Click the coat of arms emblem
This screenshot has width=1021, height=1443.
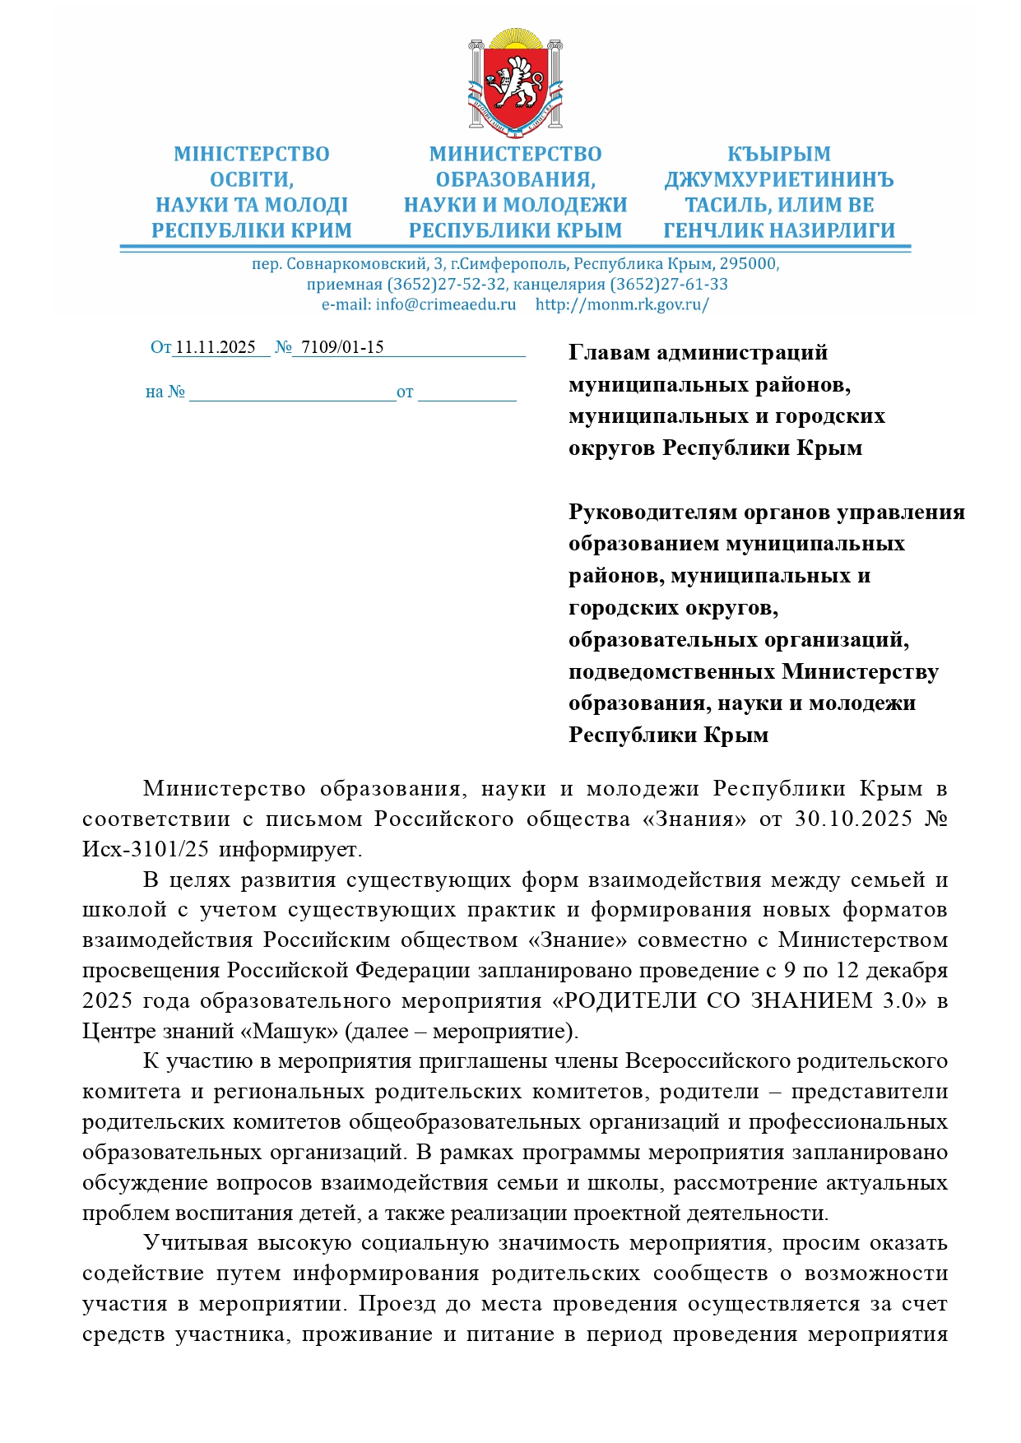coord(515,83)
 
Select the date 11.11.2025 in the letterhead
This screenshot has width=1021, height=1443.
coord(216,347)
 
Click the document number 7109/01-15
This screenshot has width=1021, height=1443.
coord(342,347)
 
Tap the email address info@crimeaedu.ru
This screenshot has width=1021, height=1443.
coord(445,304)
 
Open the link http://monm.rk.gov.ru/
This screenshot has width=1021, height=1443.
coord(622,304)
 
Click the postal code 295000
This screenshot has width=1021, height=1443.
coord(749,264)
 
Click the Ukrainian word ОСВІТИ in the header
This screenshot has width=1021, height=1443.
coord(251,180)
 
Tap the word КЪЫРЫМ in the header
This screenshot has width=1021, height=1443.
coord(778,155)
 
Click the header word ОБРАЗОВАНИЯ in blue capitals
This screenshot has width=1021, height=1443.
coord(515,180)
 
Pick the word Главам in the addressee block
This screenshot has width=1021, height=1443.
coord(610,353)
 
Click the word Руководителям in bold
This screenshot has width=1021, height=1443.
coord(653,513)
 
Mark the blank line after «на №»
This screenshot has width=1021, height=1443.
coord(292,393)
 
